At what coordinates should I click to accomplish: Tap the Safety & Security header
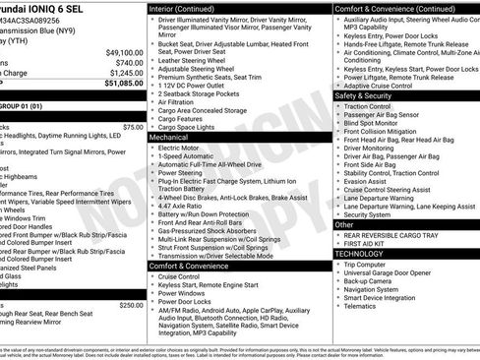(x=369, y=96)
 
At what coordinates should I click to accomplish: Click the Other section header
(x=346, y=224)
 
